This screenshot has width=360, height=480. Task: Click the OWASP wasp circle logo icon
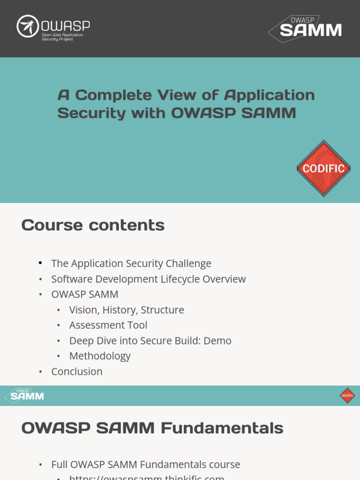(27, 26)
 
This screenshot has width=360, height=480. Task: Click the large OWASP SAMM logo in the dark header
(306, 29)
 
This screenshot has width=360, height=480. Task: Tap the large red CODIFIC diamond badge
(323, 168)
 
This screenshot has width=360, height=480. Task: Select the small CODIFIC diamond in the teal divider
(347, 396)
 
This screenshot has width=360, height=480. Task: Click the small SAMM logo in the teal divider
(24, 396)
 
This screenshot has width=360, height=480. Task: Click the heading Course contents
(93, 225)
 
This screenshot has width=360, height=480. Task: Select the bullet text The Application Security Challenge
(131, 263)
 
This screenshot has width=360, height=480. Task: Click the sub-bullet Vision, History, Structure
(127, 310)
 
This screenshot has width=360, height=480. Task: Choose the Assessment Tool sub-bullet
(108, 325)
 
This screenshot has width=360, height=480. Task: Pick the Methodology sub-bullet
(100, 356)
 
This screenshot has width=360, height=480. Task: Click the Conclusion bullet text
(77, 372)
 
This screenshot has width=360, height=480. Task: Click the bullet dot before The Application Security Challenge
(40, 263)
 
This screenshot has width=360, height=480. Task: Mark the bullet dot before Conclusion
(40, 372)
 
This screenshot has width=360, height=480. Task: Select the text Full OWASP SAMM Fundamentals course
(146, 465)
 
